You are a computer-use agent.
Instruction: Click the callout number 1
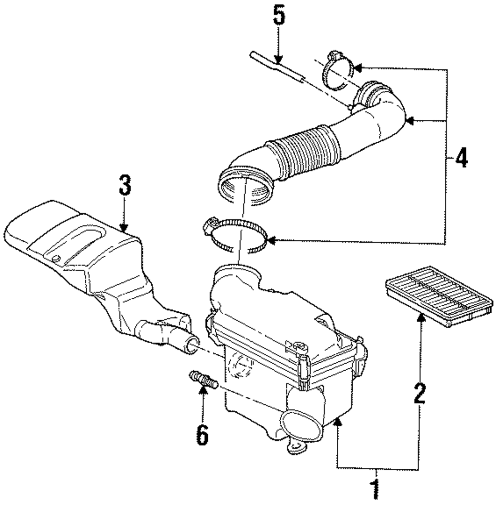click(375, 490)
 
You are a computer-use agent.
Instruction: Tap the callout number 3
click(124, 186)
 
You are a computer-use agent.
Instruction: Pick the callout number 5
click(279, 17)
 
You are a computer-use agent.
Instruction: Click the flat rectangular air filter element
click(439, 293)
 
